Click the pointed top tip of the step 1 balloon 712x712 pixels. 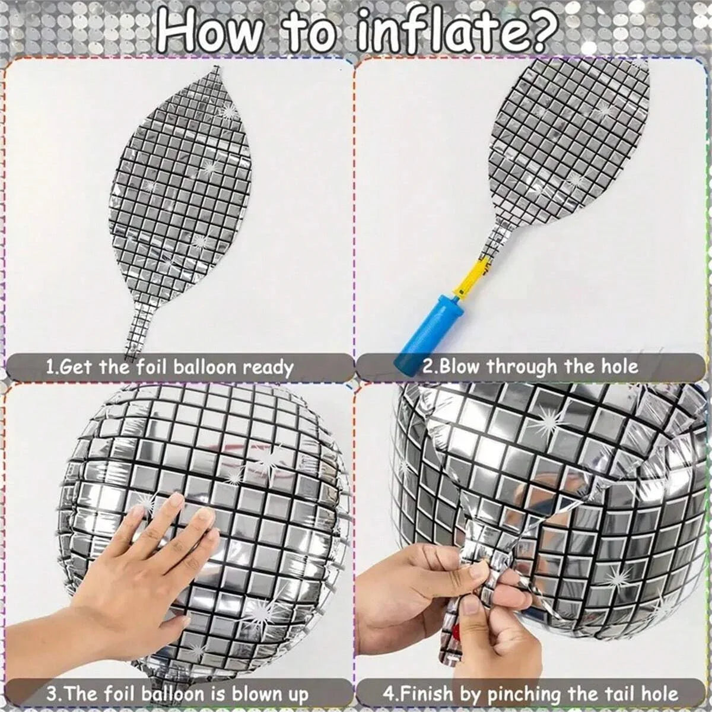pyautogui.click(x=217, y=68)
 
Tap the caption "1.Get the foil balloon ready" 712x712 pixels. pyautogui.click(x=170, y=368)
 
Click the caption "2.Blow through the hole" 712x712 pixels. pyautogui.click(x=530, y=367)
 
